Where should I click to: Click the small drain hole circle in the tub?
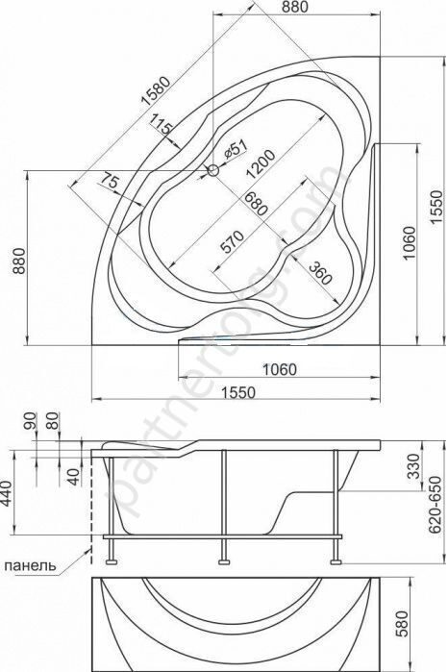pyautogui.click(x=212, y=171)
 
